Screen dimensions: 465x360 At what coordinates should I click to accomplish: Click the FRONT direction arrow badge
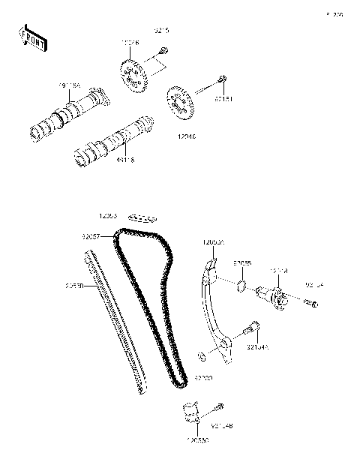(31, 37)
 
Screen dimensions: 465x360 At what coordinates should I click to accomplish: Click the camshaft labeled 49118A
(67, 115)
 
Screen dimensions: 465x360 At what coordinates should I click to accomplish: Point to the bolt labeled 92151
(222, 80)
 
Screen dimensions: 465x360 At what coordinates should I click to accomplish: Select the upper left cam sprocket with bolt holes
(133, 76)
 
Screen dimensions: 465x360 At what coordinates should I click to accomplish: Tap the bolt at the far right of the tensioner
(313, 304)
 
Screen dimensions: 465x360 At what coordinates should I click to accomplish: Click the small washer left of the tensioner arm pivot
(202, 354)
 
